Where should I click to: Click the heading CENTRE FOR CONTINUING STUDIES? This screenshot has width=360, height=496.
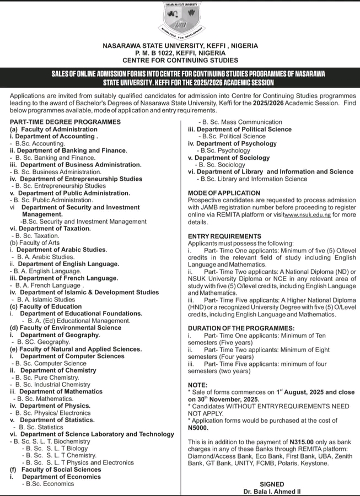[x=180, y=60]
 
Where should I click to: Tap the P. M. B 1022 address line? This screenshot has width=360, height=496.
[x=180, y=53]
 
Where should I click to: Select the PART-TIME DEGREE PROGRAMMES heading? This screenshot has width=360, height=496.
[x=65, y=122]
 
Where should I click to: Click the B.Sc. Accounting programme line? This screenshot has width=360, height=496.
[x=40, y=143]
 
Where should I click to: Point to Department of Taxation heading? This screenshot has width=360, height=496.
[x=50, y=229]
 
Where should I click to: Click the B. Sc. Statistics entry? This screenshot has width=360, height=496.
[x=41, y=427]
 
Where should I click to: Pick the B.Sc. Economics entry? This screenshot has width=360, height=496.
[x=48, y=484]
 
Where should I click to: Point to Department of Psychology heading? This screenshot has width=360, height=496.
[x=232, y=143]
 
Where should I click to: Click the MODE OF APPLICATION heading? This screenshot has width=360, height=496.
[x=224, y=193]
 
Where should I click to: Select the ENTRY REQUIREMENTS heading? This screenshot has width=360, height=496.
[x=224, y=236]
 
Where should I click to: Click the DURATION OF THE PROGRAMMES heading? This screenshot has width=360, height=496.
[x=241, y=328]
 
